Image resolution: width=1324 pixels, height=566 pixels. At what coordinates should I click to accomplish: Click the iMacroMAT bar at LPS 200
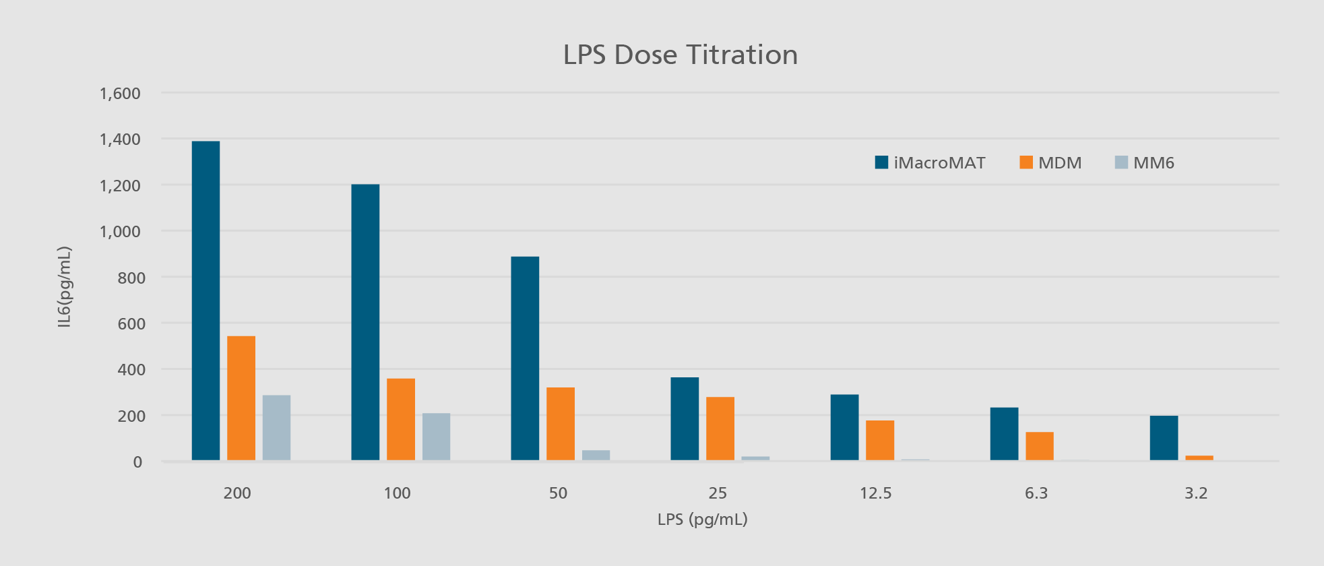(206, 301)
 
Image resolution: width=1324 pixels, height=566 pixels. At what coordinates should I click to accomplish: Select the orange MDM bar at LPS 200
(241, 398)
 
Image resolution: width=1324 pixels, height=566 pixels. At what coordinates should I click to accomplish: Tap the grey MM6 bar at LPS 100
(436, 437)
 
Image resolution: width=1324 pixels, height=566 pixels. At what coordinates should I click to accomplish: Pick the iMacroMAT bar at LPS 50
(525, 358)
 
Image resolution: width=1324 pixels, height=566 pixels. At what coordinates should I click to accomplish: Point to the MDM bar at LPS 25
(720, 429)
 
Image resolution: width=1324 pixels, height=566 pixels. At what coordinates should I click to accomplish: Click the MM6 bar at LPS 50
(596, 455)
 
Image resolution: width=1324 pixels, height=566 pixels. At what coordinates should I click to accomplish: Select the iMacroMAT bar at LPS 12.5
(844, 427)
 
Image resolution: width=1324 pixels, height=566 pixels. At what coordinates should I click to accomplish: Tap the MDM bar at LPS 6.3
(1040, 446)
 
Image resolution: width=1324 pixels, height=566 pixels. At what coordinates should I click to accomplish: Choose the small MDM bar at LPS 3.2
(1199, 458)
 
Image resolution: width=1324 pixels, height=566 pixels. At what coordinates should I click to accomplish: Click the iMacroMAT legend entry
(930, 162)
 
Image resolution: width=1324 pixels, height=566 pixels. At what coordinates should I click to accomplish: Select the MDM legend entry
(1050, 162)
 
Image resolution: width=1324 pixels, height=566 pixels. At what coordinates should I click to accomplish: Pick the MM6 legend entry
(1145, 162)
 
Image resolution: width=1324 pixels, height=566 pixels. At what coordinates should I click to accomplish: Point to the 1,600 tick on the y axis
(121, 93)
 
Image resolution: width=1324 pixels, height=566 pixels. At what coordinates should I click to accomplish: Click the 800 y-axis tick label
(131, 278)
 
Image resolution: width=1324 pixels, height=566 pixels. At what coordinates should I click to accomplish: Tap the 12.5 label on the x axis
(875, 493)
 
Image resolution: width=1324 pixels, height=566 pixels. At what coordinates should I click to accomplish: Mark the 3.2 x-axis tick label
(1196, 493)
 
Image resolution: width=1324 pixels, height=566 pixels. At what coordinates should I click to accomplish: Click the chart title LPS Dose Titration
(680, 55)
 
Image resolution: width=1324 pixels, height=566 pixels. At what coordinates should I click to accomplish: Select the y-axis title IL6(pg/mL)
(64, 287)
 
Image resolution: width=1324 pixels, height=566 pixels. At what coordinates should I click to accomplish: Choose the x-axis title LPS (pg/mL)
(702, 520)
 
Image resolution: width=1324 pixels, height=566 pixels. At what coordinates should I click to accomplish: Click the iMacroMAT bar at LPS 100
(365, 322)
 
